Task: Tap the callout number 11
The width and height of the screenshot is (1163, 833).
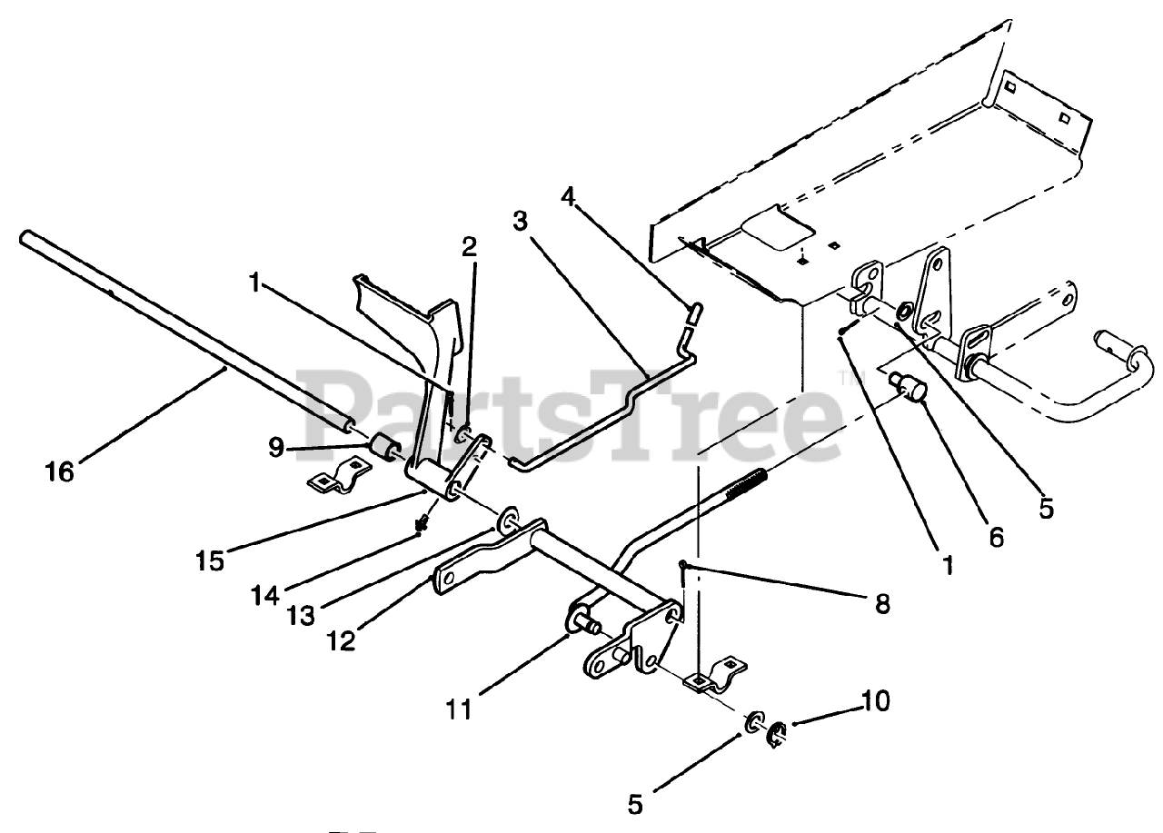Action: (460, 708)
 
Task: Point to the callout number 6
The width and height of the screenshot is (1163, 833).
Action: (996, 537)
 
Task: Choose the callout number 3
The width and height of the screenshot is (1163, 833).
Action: (520, 221)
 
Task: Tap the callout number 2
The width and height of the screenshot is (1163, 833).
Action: (469, 245)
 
